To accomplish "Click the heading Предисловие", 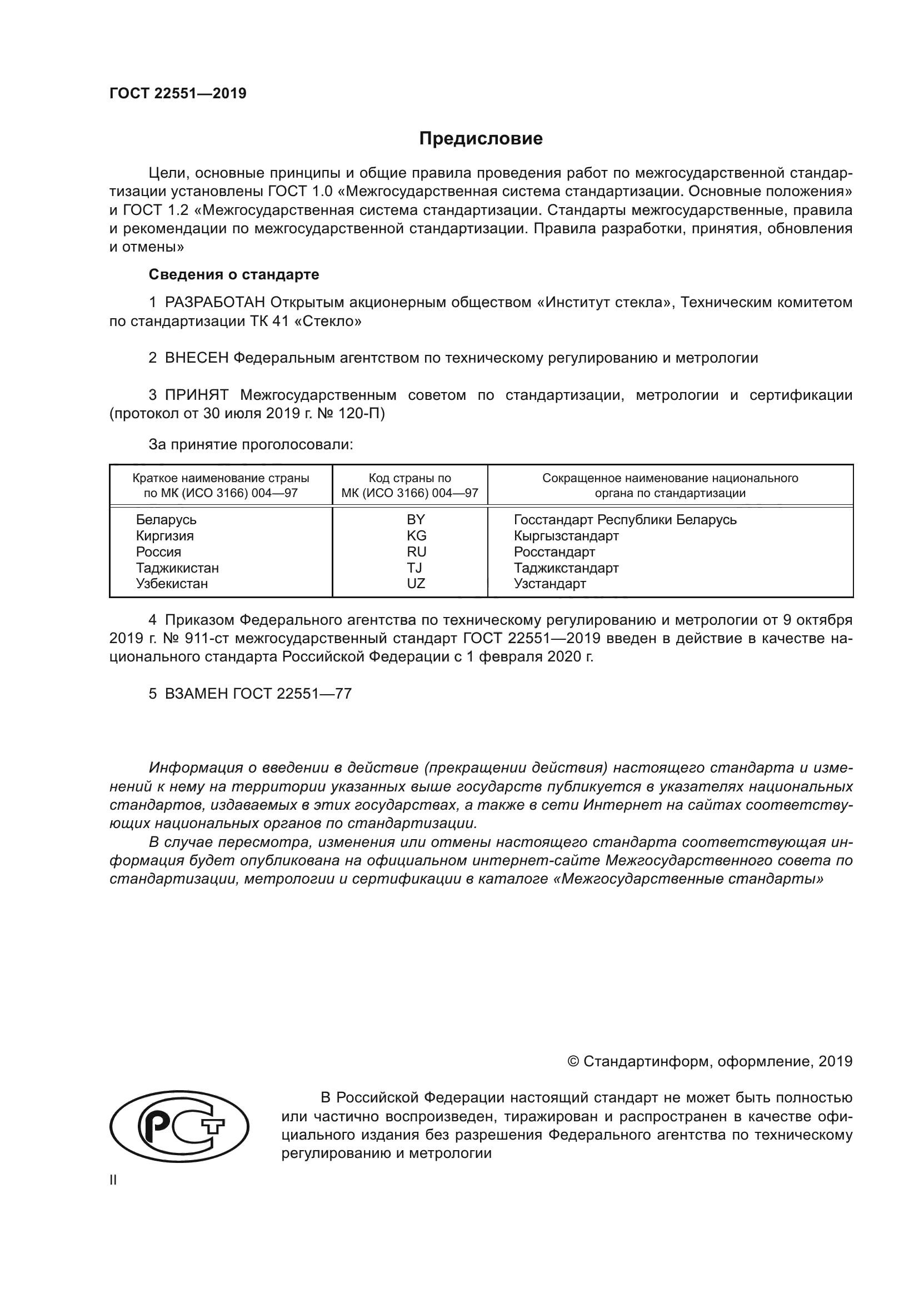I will click(481, 139).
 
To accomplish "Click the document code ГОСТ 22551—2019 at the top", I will click(178, 94).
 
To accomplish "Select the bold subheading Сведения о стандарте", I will click(234, 274).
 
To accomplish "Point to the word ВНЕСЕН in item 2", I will click(197, 358).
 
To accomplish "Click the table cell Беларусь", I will click(166, 519).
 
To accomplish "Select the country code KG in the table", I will click(416, 535).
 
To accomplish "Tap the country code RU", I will click(416, 551).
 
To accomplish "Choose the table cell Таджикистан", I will click(177, 568).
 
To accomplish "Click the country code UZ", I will click(416, 583).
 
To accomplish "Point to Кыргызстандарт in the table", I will click(566, 535).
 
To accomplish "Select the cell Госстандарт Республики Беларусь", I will click(625, 519).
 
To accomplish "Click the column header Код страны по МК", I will click(409, 485).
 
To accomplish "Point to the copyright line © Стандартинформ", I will click(709, 1061).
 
